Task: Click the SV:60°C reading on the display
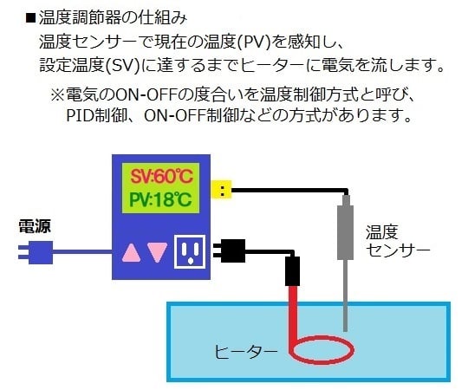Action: pos(161,177)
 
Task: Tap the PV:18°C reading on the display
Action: pos(161,201)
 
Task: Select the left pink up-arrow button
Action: pos(132,252)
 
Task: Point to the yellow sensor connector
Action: pos(225,190)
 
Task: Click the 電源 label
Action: pos(35,227)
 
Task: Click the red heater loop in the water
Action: pos(322,351)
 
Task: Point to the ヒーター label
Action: pos(247,352)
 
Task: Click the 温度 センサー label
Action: pos(398,241)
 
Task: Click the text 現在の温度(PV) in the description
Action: pos(223,41)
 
